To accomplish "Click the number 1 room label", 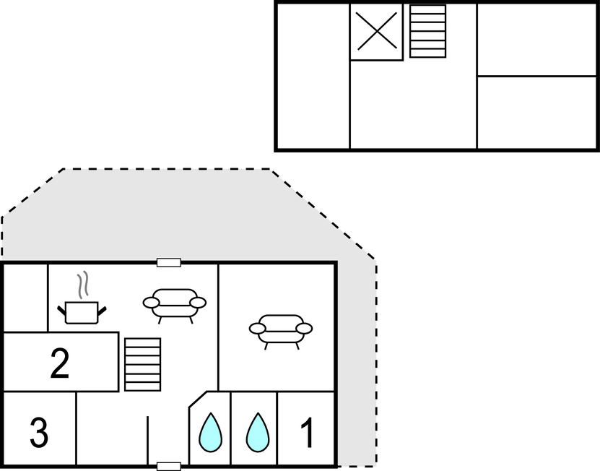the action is tap(308, 432).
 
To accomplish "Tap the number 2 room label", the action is tap(60, 363).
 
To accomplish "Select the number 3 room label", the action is tap(39, 433).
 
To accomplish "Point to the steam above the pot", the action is tap(82, 285).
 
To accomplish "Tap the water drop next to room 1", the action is tap(258, 432).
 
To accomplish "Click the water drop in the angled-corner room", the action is tap(210, 432).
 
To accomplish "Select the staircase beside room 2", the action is tap(143, 365).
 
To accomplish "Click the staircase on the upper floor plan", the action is tap(428, 31).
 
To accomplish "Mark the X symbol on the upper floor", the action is tap(377, 31).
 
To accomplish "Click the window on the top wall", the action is tap(169, 262).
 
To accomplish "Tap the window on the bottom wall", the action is tap(169, 467).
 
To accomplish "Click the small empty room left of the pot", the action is tap(26, 298).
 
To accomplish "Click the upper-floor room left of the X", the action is tap(313, 76).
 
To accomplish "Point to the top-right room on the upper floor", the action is tap(536, 40).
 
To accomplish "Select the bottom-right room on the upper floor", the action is tap(536, 112).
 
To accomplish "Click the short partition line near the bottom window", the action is tap(148, 440).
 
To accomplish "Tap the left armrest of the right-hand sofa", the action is tap(258, 329).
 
